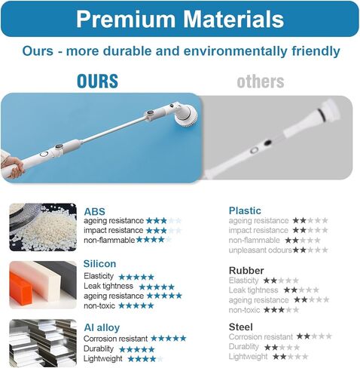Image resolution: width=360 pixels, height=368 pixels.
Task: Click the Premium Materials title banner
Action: pyautogui.click(x=180, y=19)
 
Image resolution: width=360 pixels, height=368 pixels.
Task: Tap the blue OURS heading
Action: pyautogui.click(x=97, y=81)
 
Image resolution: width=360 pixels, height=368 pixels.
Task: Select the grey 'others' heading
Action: pyautogui.click(x=261, y=81)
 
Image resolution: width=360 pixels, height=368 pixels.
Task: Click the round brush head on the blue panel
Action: pyautogui.click(x=186, y=116)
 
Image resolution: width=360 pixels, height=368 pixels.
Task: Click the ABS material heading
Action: pyautogui.click(x=94, y=211)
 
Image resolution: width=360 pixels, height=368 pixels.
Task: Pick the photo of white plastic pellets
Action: pyautogui.click(x=43, y=227)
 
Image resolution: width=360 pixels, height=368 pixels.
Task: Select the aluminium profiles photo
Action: pyautogui.click(x=43, y=343)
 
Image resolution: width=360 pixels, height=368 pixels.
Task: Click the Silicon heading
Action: pyautogui.click(x=99, y=264)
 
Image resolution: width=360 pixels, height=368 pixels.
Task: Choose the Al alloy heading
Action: pyautogui.click(x=102, y=327)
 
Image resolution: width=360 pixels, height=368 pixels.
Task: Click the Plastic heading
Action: pyautogui.click(x=245, y=210)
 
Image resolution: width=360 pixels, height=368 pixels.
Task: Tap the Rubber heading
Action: pyautogui.click(x=246, y=271)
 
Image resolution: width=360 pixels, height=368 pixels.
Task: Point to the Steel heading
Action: pyautogui.click(x=241, y=327)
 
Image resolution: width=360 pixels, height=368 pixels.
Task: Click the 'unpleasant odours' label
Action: pyautogui.click(x=261, y=250)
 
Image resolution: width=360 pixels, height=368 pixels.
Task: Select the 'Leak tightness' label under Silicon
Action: pyautogui.click(x=108, y=286)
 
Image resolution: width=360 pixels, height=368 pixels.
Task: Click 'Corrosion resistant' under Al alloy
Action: pyautogui.click(x=115, y=339)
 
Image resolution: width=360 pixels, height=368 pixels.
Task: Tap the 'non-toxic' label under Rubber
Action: pyautogui.click(x=244, y=310)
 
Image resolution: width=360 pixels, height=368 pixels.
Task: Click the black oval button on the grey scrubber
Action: pyautogui.click(x=267, y=143)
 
